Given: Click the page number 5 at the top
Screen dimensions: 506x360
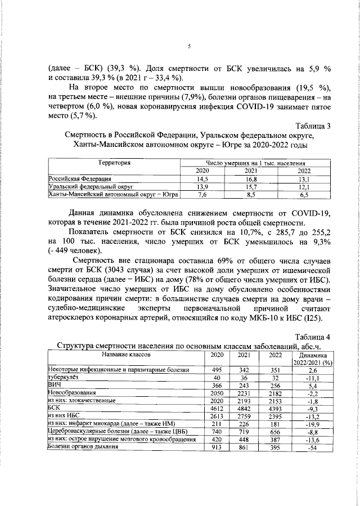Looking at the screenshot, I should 189,46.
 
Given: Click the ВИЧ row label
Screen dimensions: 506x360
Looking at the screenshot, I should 53,384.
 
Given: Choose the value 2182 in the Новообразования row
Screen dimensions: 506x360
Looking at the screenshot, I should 275,392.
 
